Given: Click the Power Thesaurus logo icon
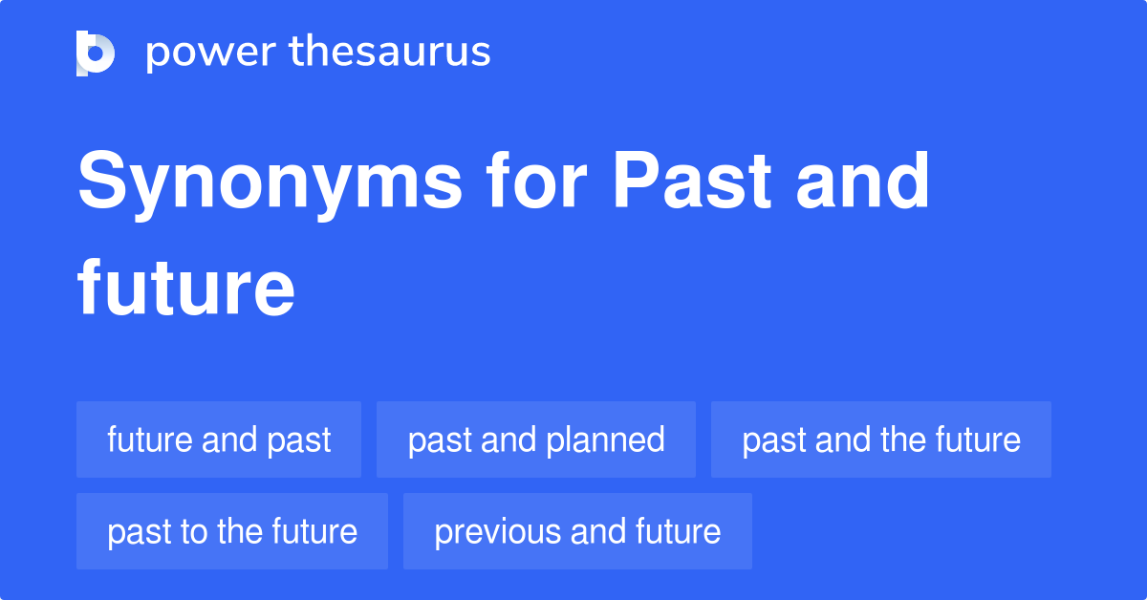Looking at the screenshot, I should (96, 53).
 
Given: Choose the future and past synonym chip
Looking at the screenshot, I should (219, 439).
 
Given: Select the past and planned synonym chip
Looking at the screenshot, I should (536, 439).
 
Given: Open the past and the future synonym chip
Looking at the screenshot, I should (881, 439).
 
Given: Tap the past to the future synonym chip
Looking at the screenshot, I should (232, 531).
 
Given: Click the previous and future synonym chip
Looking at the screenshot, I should (577, 531).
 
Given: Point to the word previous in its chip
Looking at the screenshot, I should (497, 531).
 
